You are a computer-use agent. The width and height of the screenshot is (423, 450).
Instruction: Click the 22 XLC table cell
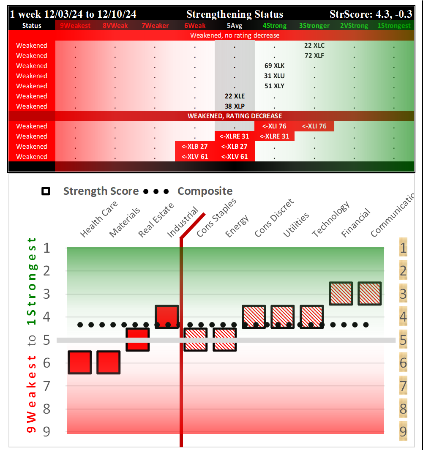pos(314,45)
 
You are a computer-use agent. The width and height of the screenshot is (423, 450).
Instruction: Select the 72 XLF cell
pos(314,55)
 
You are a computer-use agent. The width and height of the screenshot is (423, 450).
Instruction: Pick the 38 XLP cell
pos(235,106)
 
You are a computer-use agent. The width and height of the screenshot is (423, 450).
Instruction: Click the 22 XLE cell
pos(235,96)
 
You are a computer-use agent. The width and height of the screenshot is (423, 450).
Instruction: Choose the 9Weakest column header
pos(75,25)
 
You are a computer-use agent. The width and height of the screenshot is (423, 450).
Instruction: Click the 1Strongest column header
pos(393,25)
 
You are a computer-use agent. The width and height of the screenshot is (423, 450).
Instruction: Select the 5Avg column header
pos(235,25)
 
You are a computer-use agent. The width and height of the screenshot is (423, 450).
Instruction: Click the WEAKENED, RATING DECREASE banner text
pos(235,116)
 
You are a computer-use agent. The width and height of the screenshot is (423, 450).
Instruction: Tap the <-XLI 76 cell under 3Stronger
pos(314,126)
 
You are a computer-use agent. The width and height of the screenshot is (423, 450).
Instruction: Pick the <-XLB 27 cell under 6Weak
pos(195,146)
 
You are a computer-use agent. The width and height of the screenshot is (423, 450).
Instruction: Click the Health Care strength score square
pos(79,363)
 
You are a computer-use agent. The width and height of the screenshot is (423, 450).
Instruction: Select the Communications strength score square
pos(370,294)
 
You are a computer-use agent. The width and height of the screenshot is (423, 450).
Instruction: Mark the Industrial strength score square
pos(167,316)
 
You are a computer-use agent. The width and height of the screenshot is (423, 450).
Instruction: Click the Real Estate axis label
pos(157,220)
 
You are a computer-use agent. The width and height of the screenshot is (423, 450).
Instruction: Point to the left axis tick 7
pos(46,385)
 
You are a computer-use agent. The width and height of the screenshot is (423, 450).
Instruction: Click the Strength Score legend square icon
pos(46,191)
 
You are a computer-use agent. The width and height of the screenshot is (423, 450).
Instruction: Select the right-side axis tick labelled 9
pos(403,431)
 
